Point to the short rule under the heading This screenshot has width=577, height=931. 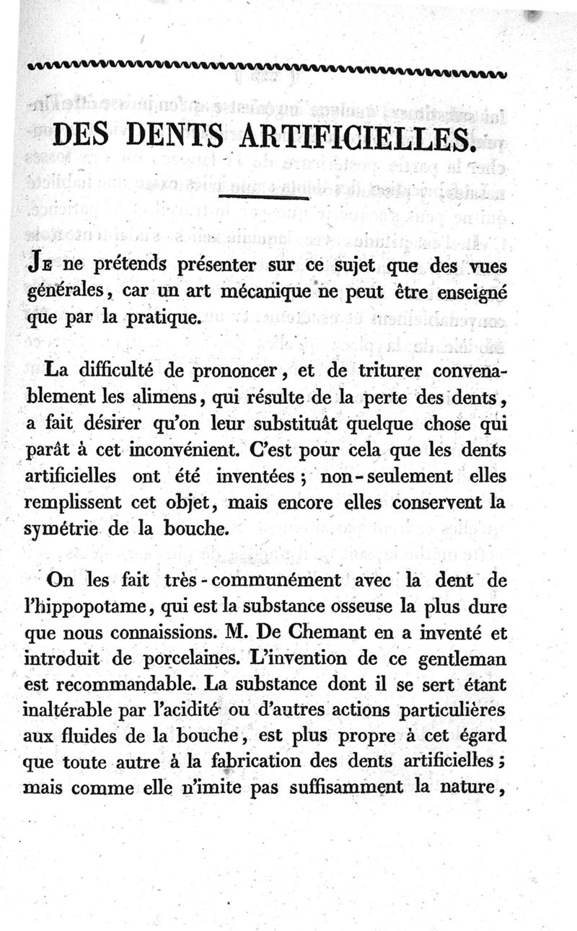tap(263, 195)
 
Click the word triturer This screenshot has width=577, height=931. tap(384, 371)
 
